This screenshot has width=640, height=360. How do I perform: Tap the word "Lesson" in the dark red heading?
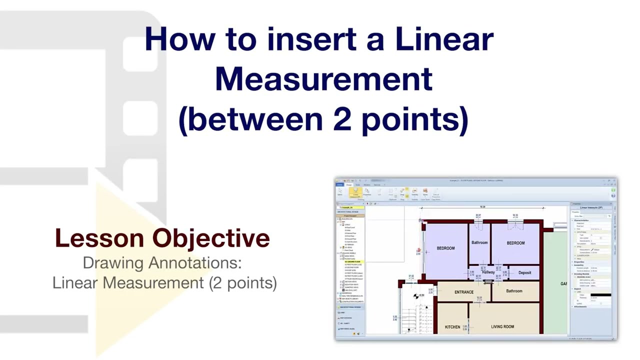point(100,238)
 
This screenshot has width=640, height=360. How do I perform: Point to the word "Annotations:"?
point(198,262)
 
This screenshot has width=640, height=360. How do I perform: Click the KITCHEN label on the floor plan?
point(452,327)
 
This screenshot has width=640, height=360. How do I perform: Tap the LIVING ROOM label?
point(502,327)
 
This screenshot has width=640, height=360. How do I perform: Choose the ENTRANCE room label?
point(463,292)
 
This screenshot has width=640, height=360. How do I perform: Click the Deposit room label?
point(524,273)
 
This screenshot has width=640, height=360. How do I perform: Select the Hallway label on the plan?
point(488,272)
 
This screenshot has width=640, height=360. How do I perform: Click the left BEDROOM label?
point(445,248)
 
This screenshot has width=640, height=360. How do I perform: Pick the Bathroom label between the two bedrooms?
point(479,243)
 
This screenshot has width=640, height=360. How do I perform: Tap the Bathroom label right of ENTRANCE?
point(514,291)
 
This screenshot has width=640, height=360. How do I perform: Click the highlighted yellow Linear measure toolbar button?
point(355,192)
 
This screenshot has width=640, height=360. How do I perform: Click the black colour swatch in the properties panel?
point(600,295)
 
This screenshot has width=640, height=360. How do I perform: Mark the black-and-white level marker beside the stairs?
point(416,296)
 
